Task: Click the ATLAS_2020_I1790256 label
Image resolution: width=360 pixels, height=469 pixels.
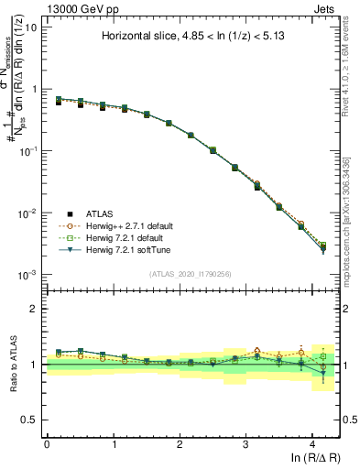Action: [191, 274]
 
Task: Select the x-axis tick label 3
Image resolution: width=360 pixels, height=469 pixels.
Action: [245, 444]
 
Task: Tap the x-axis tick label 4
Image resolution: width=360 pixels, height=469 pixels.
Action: [312, 444]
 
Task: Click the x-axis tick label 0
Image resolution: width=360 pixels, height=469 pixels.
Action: [47, 444]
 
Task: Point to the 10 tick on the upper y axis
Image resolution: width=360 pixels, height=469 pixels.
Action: [30, 27]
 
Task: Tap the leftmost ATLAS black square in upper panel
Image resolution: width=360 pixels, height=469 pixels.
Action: [58, 102]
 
